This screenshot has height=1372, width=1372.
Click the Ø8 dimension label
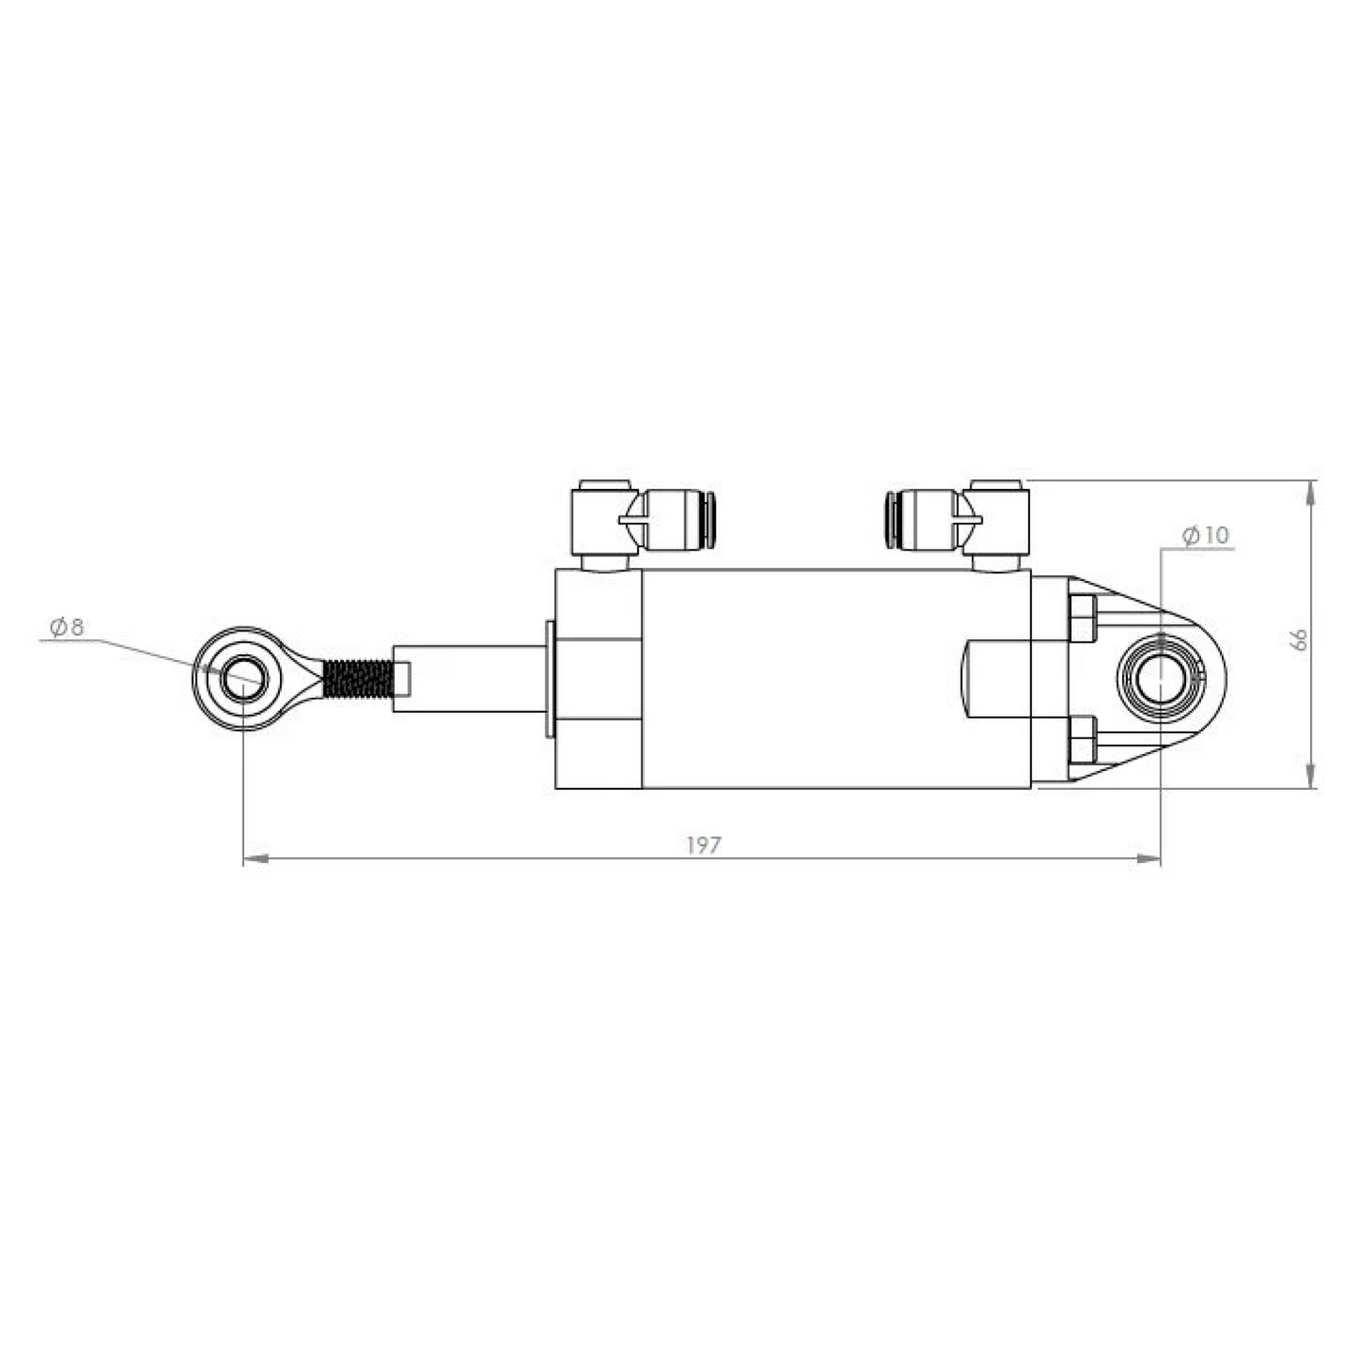66,627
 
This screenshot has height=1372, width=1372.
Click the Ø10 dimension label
1205,536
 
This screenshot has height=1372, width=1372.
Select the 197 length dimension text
704,845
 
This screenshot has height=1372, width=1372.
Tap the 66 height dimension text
1300,639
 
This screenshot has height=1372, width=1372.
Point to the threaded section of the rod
357,679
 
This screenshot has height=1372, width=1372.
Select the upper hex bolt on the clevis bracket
1082,617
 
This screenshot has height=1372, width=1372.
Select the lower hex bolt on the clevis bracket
1082,740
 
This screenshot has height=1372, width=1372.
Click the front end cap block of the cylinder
598,679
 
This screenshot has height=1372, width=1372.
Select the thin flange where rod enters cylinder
550,679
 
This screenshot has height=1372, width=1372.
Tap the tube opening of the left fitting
710,520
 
